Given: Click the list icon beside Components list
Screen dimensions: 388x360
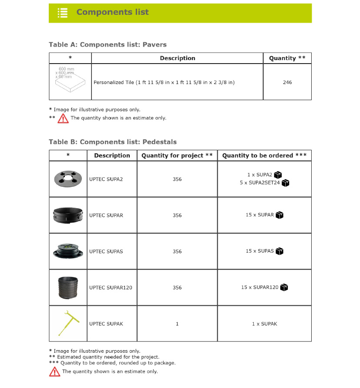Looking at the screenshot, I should (x=63, y=13).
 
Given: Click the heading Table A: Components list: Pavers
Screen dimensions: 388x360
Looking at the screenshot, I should (x=108, y=44).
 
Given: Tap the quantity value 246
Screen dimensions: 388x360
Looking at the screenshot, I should (x=287, y=82).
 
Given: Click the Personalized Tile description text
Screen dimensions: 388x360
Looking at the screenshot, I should (x=164, y=82).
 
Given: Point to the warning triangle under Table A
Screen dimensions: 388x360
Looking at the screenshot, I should (x=63, y=118).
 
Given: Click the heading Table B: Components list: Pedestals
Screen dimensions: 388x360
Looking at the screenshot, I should (x=113, y=142).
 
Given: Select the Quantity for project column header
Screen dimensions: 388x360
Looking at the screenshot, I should (x=177, y=155).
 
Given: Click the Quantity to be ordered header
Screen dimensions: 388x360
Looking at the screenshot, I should (x=264, y=155).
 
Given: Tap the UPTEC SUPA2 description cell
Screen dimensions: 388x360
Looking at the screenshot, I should (x=106, y=179).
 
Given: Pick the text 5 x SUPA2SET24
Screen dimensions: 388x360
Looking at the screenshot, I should (x=259, y=183).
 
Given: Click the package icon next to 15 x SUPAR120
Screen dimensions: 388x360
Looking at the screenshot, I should (x=285, y=287).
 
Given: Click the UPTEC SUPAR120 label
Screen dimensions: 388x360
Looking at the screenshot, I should (x=111, y=287).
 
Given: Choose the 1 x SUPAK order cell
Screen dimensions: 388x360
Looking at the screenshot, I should (x=264, y=324).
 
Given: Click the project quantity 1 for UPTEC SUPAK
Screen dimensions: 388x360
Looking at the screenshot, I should (x=177, y=324).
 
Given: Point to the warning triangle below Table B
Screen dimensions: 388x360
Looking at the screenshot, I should (x=55, y=371).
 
